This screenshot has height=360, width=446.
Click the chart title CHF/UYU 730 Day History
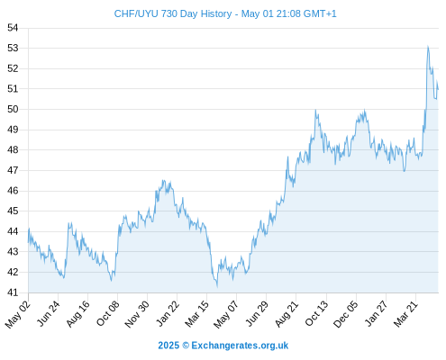click(x=173, y=13)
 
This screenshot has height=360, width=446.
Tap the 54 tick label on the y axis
click(x=13, y=28)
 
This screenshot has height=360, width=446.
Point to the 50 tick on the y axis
click(x=13, y=109)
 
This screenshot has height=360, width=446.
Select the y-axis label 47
click(x=13, y=170)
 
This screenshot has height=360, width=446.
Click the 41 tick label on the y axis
click(x=13, y=292)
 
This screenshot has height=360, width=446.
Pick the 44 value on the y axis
click(x=13, y=231)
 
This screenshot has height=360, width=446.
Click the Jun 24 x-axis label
click(x=48, y=313)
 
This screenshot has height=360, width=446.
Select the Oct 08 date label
click(x=107, y=313)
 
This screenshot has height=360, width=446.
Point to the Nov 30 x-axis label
click(x=137, y=314)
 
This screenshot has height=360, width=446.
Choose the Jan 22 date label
click(x=168, y=313)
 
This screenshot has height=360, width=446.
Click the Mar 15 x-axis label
click(x=196, y=314)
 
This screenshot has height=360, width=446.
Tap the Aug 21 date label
click(x=287, y=313)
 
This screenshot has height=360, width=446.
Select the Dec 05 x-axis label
click(x=345, y=314)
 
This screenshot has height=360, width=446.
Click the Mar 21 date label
click(x=405, y=314)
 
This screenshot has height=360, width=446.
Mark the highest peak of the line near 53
click(x=428, y=47)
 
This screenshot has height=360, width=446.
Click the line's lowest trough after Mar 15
click(x=217, y=286)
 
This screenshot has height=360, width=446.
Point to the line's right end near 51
click(x=438, y=89)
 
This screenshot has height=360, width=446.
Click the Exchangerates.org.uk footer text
click(x=240, y=346)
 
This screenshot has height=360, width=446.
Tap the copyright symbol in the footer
click(x=186, y=346)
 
